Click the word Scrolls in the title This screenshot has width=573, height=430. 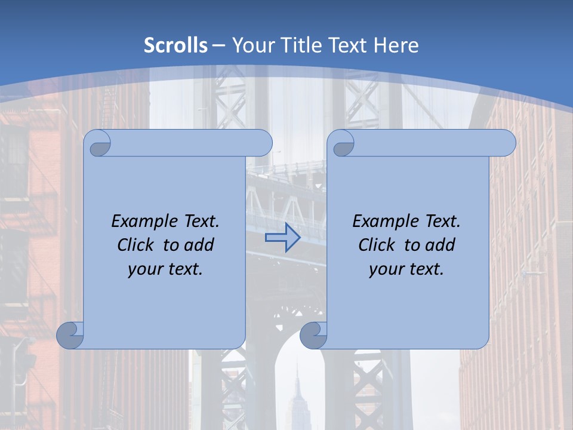175,45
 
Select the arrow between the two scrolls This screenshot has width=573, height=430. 282,238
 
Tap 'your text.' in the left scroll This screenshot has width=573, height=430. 165,269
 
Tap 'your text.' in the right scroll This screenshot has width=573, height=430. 406,269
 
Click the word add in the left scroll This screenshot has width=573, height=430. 200,245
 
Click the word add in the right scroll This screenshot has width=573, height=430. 441,245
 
